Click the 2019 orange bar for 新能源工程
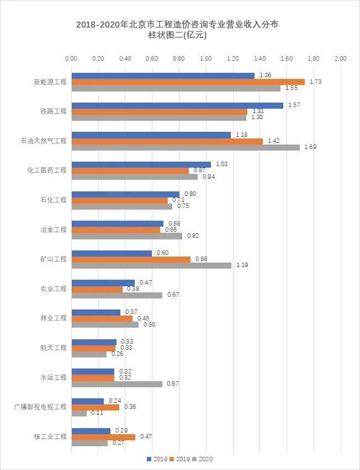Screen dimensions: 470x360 point(188,82)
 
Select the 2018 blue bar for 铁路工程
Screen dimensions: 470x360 point(177,105)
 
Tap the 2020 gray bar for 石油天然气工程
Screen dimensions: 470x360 point(186,147)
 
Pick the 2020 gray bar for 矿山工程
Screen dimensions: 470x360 point(151,265)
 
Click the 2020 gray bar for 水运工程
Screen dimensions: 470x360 point(117,384)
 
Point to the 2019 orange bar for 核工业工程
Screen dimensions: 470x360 point(103,437)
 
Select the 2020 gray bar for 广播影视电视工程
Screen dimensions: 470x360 point(79,413)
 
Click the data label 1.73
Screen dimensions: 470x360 point(315,82)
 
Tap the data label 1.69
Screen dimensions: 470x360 point(310,147)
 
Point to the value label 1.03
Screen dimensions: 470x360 point(221,164)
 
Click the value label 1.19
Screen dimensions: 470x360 point(242,265)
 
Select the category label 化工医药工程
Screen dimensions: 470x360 point(47,170)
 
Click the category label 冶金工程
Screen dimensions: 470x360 point(54,229)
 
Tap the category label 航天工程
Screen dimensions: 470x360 point(54,348)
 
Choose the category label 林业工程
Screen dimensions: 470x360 point(54,318)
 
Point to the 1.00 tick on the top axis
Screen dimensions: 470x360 point(205,58)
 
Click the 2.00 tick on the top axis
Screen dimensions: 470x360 point(340,58)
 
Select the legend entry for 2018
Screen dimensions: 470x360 point(157,459)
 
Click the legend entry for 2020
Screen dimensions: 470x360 point(202,459)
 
